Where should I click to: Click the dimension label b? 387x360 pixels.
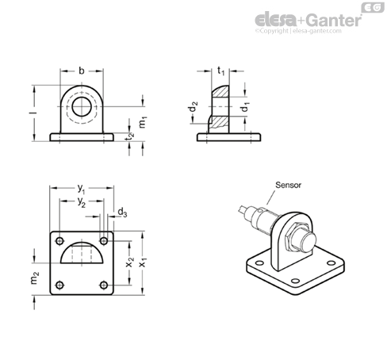(82, 71)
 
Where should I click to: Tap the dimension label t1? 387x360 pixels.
(220, 71)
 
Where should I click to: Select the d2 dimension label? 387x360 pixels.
(193, 107)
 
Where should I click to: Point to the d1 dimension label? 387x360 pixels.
(245, 106)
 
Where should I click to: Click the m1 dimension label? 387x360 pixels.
(143, 122)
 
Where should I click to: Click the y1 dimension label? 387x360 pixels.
(81, 189)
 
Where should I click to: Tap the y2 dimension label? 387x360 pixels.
(82, 202)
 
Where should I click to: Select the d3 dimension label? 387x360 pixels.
(122, 213)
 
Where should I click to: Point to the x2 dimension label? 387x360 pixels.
(130, 262)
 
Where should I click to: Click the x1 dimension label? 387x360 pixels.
(143, 262)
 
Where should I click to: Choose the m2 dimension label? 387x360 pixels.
(35, 278)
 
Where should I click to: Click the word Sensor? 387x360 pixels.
(288, 185)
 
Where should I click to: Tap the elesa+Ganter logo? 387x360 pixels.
(308, 20)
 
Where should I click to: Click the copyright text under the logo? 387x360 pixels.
(298, 31)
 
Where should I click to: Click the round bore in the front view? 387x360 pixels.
(82, 106)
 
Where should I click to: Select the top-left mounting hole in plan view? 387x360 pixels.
(59, 241)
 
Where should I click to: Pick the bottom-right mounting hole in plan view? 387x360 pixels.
(104, 285)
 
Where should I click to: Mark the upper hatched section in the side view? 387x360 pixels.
(221, 91)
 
